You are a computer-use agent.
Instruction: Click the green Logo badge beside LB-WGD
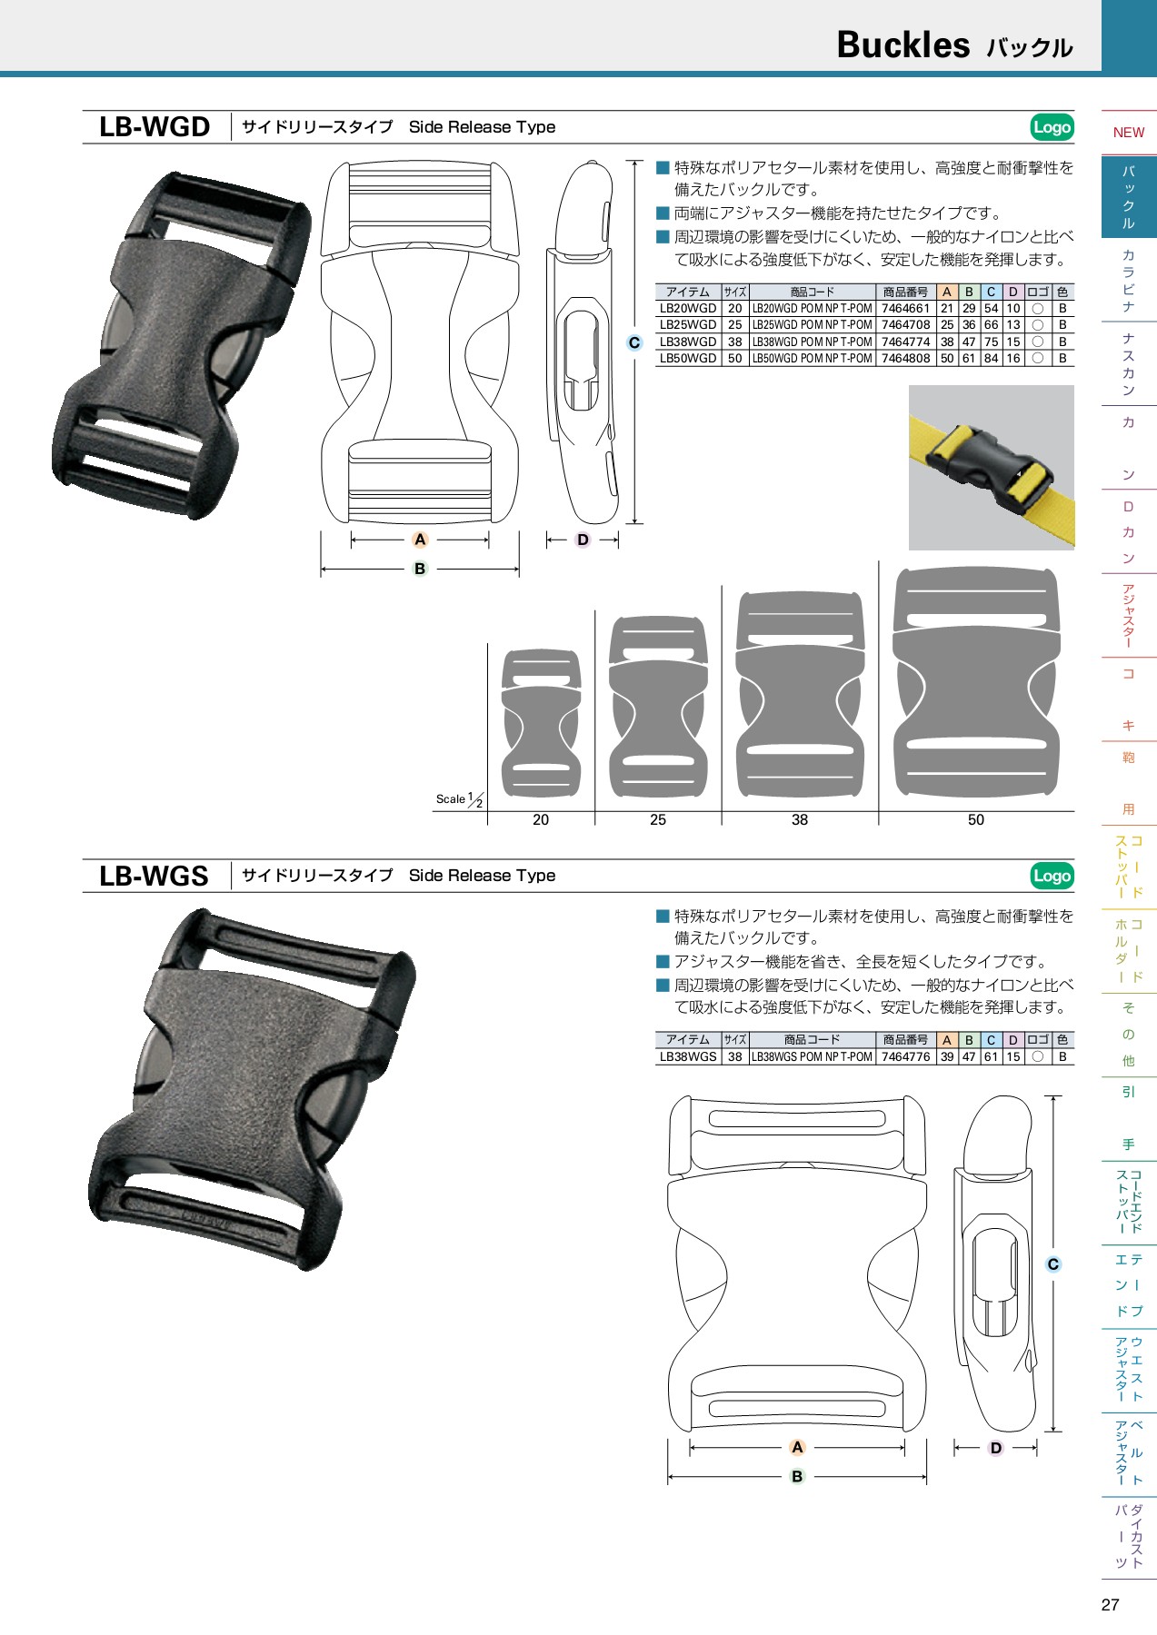click(1052, 127)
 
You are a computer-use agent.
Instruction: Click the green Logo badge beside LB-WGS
click(1052, 876)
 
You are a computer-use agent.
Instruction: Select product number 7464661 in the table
click(905, 309)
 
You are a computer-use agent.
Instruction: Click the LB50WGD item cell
click(688, 359)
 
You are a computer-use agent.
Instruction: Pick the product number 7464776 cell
click(905, 1057)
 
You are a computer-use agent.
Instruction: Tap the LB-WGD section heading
click(155, 127)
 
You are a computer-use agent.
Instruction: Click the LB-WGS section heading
click(154, 876)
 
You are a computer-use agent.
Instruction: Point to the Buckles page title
click(903, 45)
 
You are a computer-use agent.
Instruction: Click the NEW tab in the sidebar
click(1128, 133)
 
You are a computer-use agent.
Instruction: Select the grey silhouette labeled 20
click(541, 723)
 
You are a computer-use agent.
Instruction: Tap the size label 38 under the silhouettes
click(800, 820)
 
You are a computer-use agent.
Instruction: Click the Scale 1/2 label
click(459, 800)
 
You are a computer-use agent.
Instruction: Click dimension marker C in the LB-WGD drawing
click(634, 342)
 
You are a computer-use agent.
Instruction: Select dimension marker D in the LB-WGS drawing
click(995, 1448)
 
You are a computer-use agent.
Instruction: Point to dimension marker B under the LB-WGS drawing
click(797, 1477)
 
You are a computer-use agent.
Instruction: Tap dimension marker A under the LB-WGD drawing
click(420, 540)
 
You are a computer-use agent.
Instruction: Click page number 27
click(1110, 1605)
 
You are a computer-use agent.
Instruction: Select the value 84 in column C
click(991, 359)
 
